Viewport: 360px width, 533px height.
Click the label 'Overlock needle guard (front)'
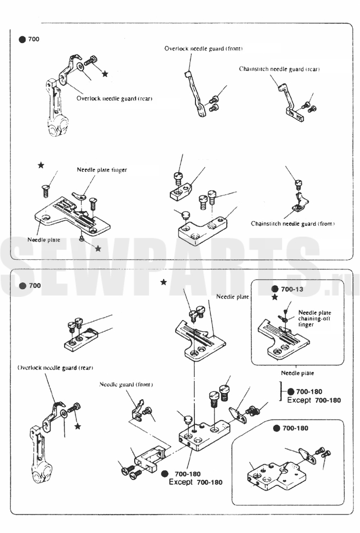[x=203, y=48]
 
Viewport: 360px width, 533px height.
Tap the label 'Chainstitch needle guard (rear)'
[x=279, y=69]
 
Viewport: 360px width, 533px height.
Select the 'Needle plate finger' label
[x=102, y=169]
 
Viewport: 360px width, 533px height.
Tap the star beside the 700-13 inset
[x=275, y=297]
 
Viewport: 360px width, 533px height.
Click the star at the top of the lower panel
[x=164, y=282]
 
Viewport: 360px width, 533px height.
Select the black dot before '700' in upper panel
[x=22, y=40]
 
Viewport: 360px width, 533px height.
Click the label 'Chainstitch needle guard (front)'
[x=293, y=224]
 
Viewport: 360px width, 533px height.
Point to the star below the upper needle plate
[x=98, y=248]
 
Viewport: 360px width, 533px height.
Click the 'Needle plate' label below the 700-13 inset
[x=297, y=373]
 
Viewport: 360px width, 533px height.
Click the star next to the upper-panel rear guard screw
[x=105, y=74]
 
